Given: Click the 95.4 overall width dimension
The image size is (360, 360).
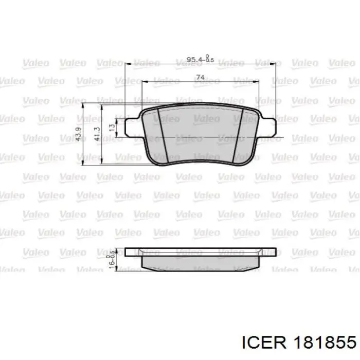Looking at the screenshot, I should tap(194, 60).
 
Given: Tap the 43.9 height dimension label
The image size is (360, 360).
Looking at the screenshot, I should tap(78, 134).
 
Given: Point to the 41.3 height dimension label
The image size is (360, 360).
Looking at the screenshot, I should tap(96, 134).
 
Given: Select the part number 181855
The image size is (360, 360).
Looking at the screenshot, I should tap(322, 342).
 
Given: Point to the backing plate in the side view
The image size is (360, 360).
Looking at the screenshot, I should tap(203, 251).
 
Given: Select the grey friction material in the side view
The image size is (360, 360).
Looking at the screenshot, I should tap(203, 263).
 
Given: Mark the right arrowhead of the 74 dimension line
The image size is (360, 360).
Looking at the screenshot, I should tap(259, 81).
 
